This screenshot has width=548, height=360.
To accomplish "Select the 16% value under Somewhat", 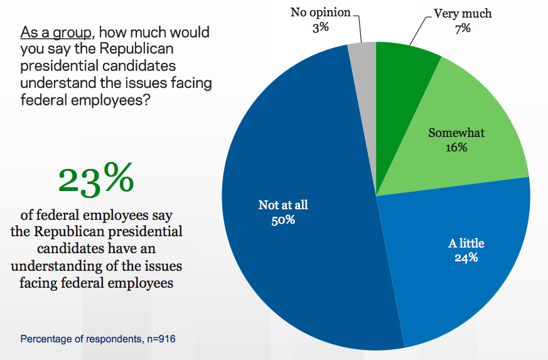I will coord(456,148).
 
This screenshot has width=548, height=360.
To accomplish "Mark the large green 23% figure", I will coord(96,179).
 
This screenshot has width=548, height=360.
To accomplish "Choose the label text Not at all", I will coord(284,205).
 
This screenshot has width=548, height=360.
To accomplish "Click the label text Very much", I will coord(463,13).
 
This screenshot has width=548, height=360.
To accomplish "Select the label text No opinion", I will coord(321,13).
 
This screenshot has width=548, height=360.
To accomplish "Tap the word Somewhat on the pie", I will coord(456,133).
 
